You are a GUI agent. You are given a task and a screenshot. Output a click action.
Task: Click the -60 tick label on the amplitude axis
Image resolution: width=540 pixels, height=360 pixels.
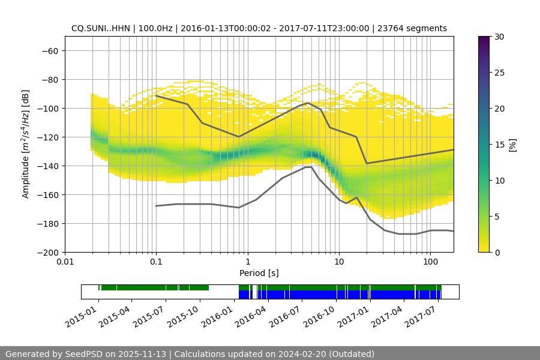[x=49, y=51]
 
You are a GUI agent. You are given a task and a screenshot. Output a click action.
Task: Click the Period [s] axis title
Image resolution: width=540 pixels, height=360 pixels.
[x=259, y=273]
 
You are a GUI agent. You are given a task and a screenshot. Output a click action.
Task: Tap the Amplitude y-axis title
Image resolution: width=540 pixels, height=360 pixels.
[x=26, y=144]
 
